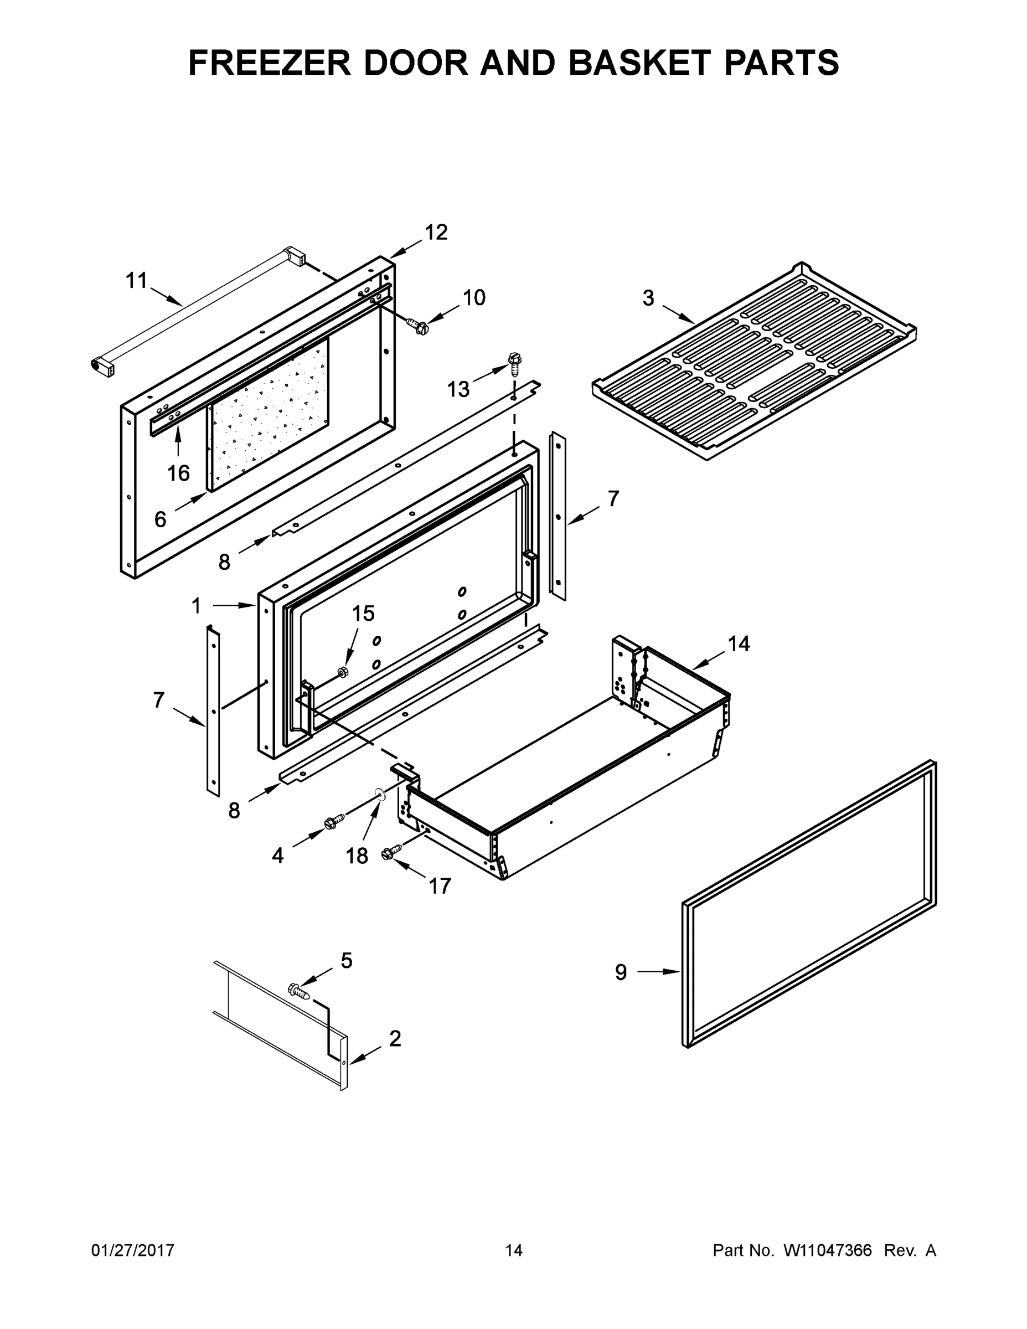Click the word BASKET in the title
coord(641,62)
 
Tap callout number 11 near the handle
coord(136,281)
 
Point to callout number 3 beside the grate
coord(648,298)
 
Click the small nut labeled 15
coord(343,671)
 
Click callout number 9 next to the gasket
coord(621,972)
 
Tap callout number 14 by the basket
coord(739,644)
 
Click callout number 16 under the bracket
coord(178,473)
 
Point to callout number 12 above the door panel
coord(436,232)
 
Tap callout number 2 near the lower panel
coord(395,1039)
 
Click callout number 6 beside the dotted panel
coord(160,519)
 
